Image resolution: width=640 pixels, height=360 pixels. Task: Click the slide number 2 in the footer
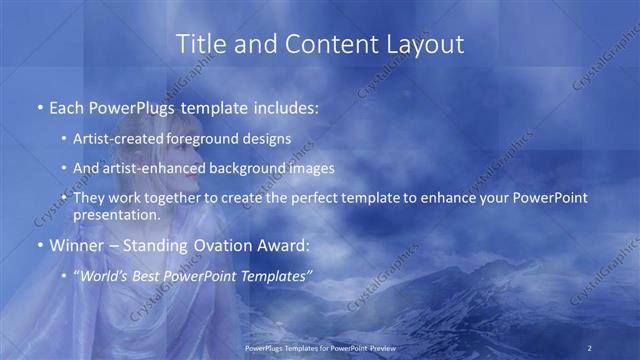[x=590, y=347]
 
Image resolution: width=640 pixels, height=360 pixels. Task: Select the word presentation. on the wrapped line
[x=117, y=215]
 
